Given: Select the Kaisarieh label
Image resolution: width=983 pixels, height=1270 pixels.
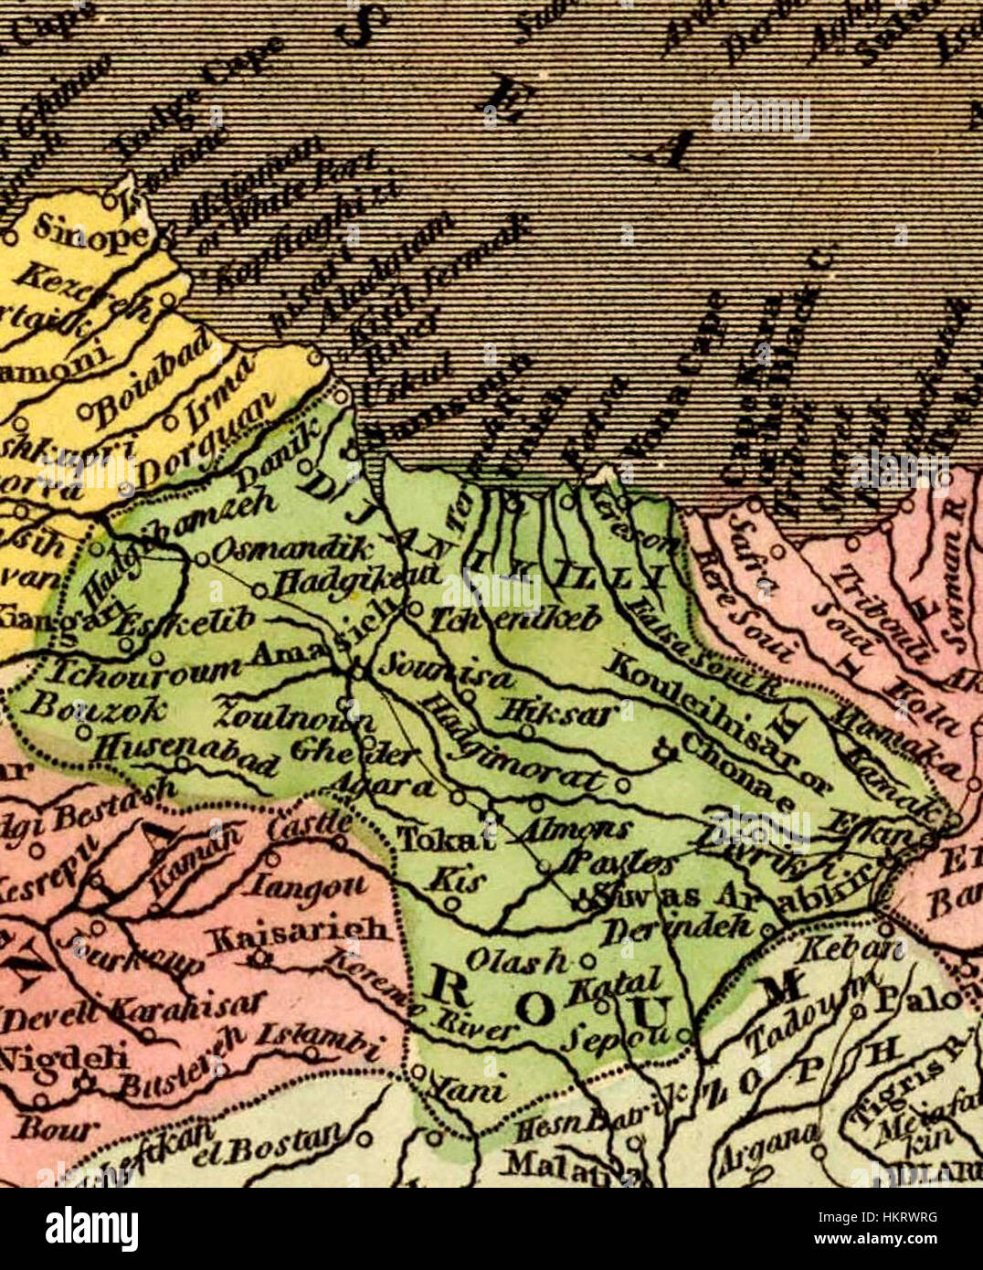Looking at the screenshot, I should (x=301, y=931).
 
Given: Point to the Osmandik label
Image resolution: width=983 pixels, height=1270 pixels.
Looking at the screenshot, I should (x=292, y=550).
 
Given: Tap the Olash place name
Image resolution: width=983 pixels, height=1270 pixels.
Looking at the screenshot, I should (x=517, y=958).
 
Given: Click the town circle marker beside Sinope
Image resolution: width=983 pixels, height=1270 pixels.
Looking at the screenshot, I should (x=10, y=237).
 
